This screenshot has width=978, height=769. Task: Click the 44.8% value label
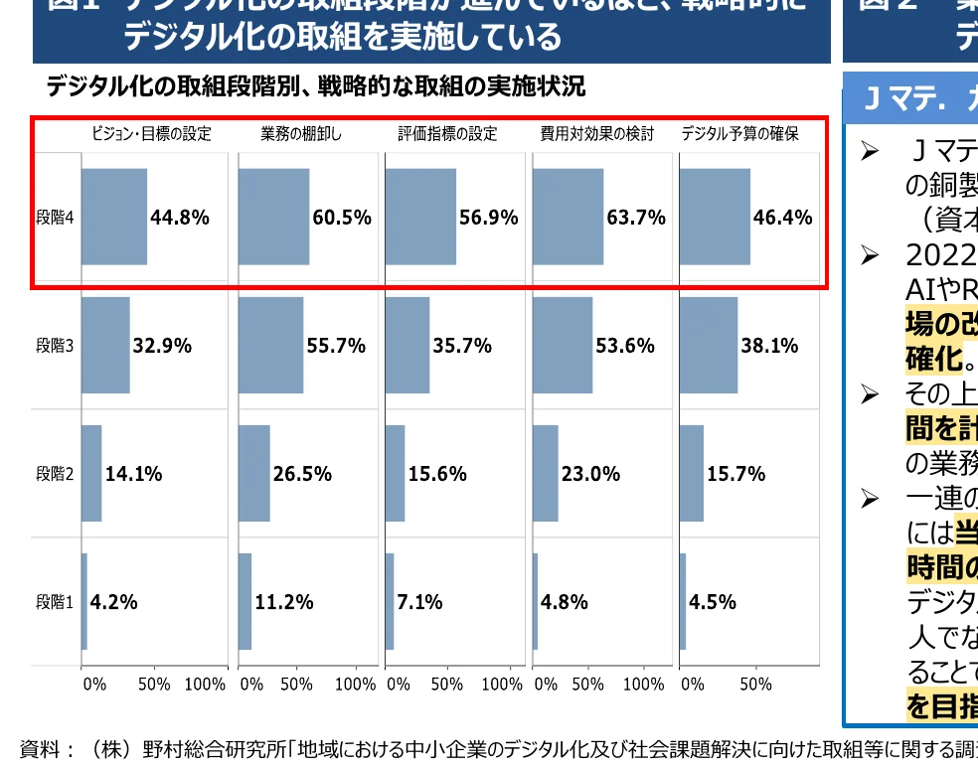180,218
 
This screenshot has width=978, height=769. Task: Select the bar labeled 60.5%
273,217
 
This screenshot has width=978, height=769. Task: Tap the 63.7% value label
636,218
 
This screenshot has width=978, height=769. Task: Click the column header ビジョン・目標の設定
152,134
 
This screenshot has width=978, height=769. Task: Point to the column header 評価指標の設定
447,134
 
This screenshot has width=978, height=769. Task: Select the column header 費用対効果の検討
596,134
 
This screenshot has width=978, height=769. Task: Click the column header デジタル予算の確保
739,134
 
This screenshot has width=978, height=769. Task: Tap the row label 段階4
55,218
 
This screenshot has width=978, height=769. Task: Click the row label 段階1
55,602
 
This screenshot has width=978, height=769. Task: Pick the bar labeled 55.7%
270,346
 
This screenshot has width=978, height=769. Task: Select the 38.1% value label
769,346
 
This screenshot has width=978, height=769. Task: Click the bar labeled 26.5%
254,474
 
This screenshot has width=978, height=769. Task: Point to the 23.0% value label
590,474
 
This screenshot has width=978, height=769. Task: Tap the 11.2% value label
284,602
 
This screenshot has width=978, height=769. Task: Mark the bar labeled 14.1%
91,474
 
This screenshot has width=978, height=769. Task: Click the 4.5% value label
713,602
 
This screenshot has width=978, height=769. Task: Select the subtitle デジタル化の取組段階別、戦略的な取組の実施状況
315,87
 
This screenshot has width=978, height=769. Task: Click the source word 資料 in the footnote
42,749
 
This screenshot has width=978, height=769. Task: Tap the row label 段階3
55,346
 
